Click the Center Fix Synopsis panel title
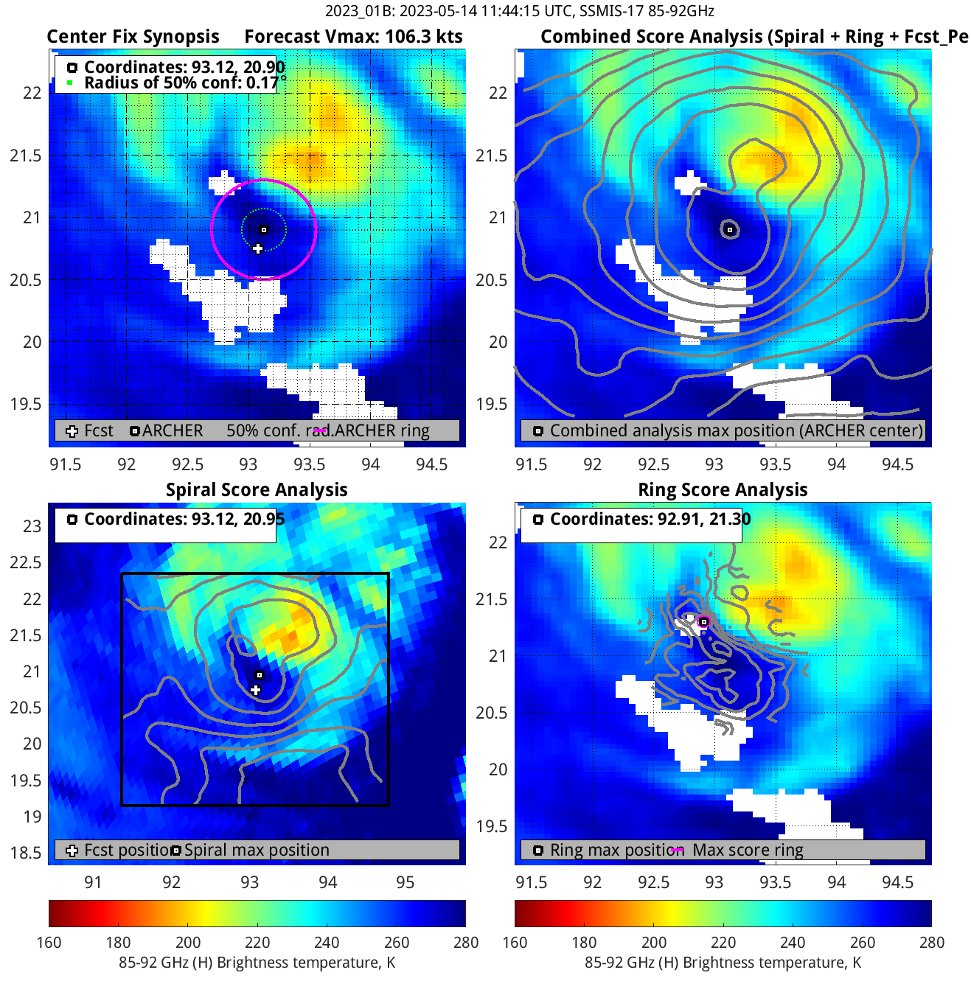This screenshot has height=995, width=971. coord(133,37)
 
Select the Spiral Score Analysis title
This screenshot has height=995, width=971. coord(257,490)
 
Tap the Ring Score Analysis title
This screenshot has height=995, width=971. coord(723,490)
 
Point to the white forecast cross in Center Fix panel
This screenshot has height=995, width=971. coord(257,249)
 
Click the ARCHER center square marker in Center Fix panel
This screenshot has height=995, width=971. coord(264,230)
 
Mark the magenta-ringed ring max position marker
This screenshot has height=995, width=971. coord(703,622)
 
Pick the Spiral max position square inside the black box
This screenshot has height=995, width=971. coord(260,675)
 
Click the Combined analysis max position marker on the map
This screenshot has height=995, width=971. coord(730,230)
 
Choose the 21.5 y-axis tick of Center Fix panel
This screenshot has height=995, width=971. coord(26,156)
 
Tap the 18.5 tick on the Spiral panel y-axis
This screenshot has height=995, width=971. coord(26,853)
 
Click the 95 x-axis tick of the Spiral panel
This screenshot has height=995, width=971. coord(406,882)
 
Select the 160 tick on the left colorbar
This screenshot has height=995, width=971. coord(49,943)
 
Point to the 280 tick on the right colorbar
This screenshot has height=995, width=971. coord(931,943)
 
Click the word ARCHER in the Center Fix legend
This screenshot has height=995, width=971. coord(173,431)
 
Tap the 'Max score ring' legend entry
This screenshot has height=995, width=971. coord(748,851)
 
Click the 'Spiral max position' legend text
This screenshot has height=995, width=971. coord(257,851)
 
